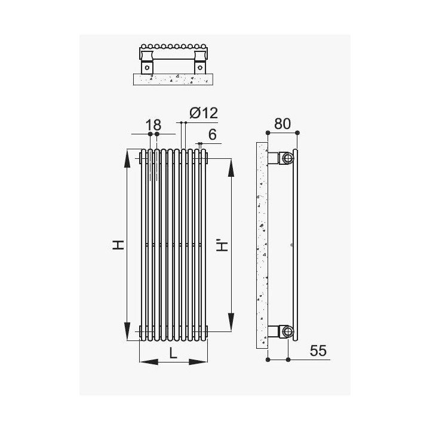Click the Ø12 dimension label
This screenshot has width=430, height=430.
click(x=204, y=113)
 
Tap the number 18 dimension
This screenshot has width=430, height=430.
click(x=153, y=125)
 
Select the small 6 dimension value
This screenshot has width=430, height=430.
click(x=213, y=134)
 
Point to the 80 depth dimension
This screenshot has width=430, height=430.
click(x=282, y=124)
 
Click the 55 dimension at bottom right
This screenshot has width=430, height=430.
click(x=318, y=351)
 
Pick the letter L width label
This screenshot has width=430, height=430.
click(x=173, y=353)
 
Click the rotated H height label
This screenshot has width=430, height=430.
click(x=118, y=245)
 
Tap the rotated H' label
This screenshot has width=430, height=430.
click(x=222, y=246)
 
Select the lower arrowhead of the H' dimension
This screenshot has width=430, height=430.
click(x=231, y=322)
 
